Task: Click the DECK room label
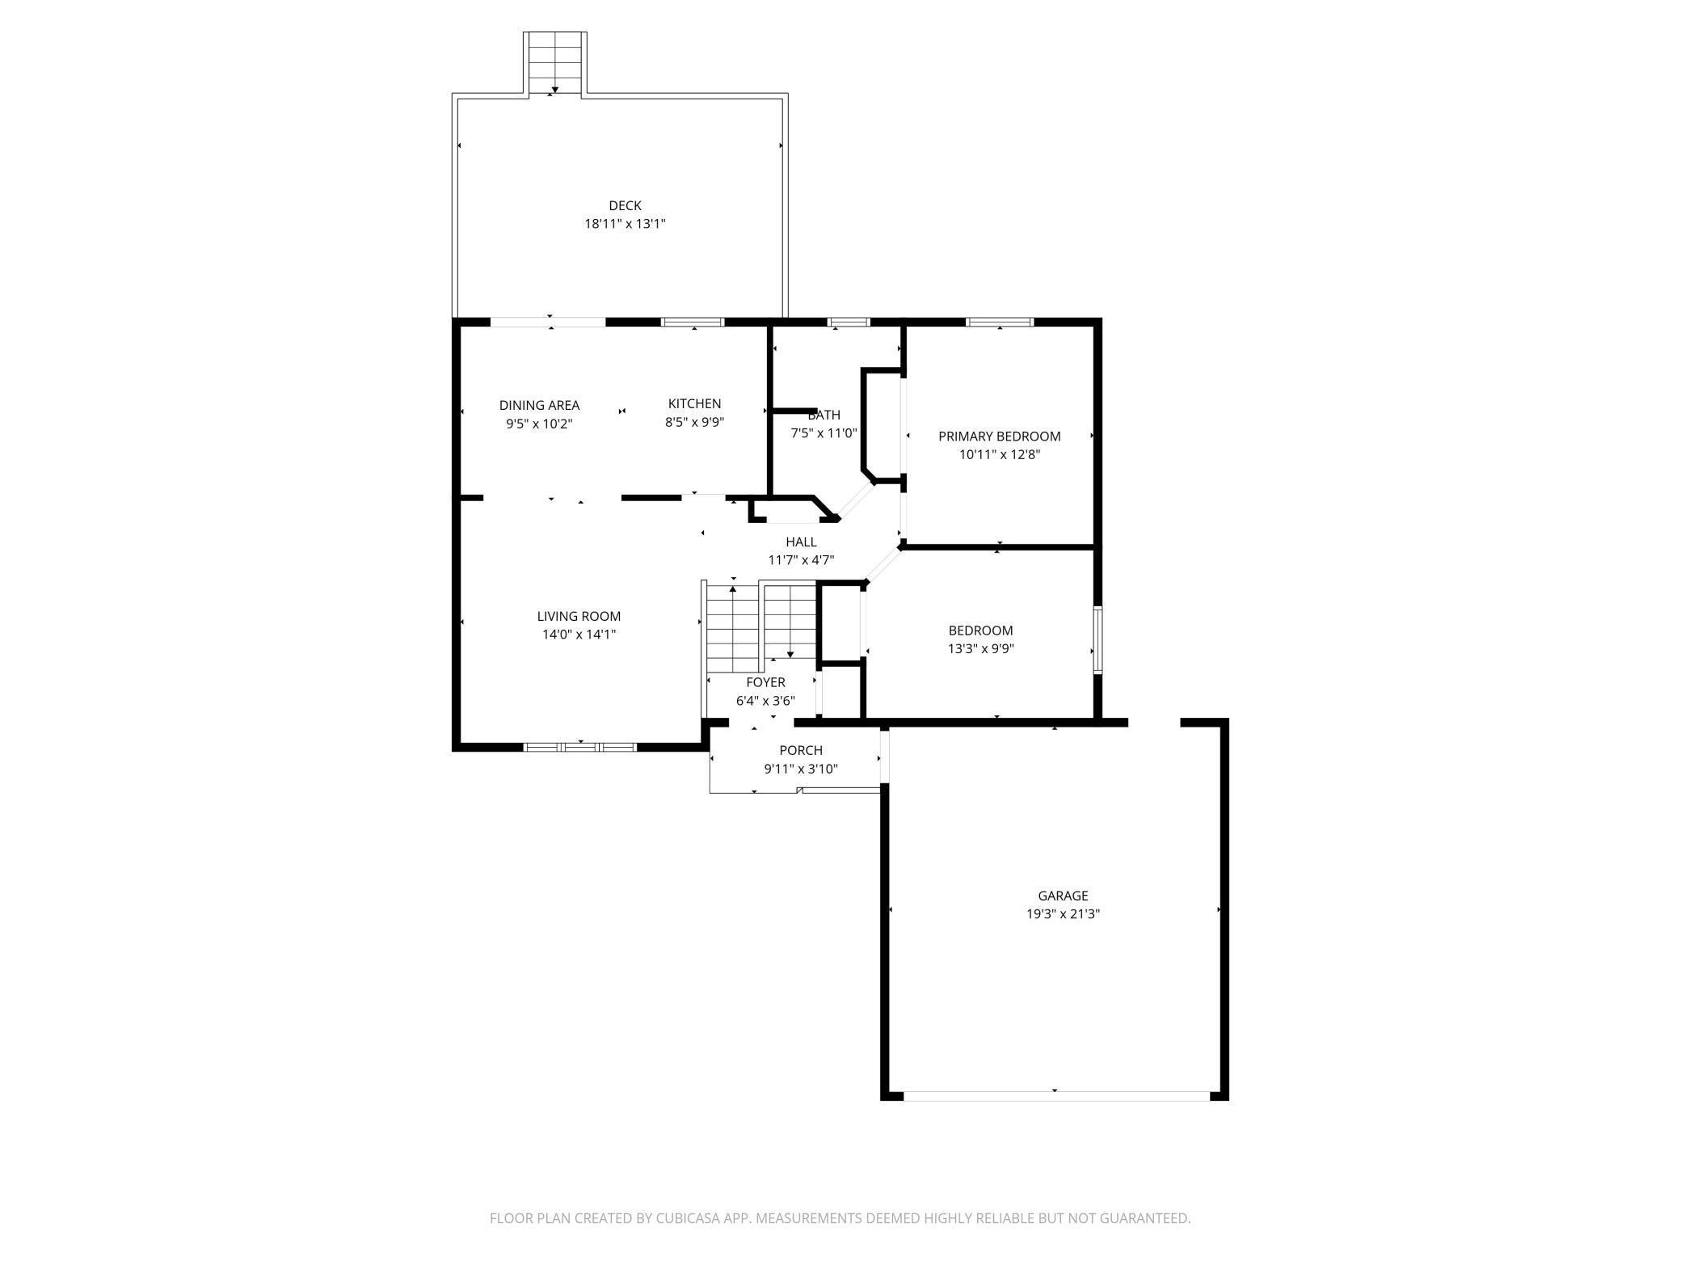625,206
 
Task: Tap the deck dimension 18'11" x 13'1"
625,224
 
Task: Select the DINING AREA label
539,406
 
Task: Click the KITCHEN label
694,403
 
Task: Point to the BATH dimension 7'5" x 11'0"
823,433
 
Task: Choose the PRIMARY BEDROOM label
999,436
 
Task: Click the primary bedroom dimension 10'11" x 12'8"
999,454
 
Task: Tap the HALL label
801,542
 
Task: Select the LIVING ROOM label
579,617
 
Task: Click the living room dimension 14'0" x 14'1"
579,635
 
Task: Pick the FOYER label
765,683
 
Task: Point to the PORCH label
801,751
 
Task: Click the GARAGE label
1063,896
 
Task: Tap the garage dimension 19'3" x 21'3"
1063,914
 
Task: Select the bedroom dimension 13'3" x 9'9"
980,648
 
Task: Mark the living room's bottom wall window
580,747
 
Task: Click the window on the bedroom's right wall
1097,639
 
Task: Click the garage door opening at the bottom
1055,1096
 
